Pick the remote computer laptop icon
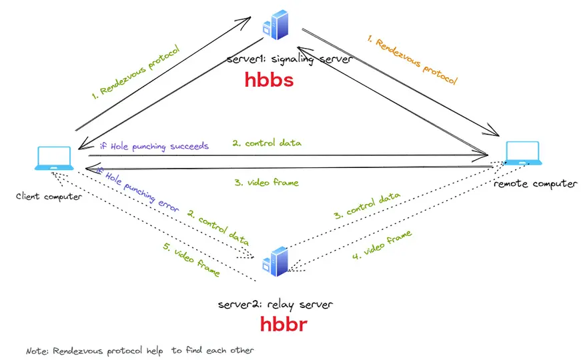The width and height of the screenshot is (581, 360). [524, 153]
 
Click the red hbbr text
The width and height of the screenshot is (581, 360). [275, 326]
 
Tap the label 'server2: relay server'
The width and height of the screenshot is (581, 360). [275, 305]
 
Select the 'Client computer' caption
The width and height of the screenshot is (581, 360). [49, 197]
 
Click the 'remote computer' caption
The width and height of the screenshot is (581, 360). [535, 183]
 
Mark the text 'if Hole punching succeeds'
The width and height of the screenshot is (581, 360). [154, 145]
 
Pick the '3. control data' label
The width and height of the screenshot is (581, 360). [366, 207]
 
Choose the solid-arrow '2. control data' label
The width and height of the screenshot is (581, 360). [267, 143]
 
